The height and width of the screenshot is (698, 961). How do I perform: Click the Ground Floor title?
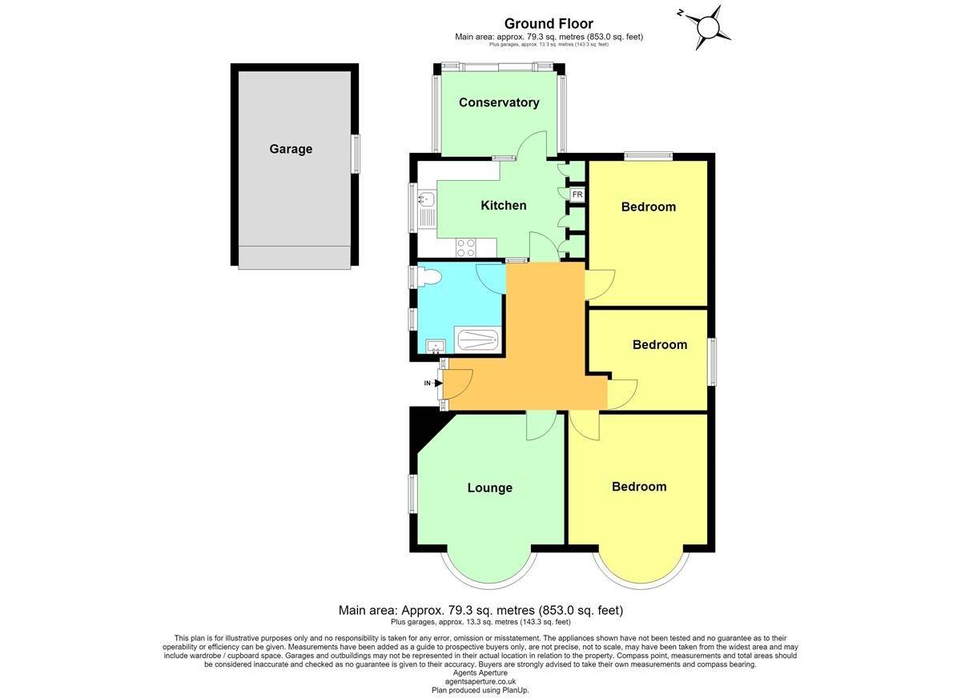pos(549,23)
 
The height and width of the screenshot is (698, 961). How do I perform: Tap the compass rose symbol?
pos(706,27)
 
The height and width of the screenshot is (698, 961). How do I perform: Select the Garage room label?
pos(291,149)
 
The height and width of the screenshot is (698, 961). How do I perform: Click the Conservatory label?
pos(499,102)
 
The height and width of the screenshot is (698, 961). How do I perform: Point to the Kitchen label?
pos(503,206)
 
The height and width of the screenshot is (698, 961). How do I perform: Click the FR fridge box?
pos(577,195)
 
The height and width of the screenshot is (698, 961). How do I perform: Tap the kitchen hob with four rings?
pos(466,247)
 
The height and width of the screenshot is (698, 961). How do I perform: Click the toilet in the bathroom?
pos(429,276)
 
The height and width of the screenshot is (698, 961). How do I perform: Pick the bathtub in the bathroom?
pos(477,340)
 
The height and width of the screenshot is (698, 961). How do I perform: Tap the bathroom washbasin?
pos(436,347)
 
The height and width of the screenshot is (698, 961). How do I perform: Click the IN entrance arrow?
pos(433,383)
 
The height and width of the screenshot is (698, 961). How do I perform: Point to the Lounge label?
pos(490,488)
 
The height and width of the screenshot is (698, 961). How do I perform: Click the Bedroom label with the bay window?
pos(639,487)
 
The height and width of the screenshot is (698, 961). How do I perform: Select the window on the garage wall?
pos(356,154)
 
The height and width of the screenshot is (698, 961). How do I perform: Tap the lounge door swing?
pos(541,425)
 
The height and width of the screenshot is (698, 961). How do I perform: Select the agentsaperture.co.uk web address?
pos(480,681)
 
